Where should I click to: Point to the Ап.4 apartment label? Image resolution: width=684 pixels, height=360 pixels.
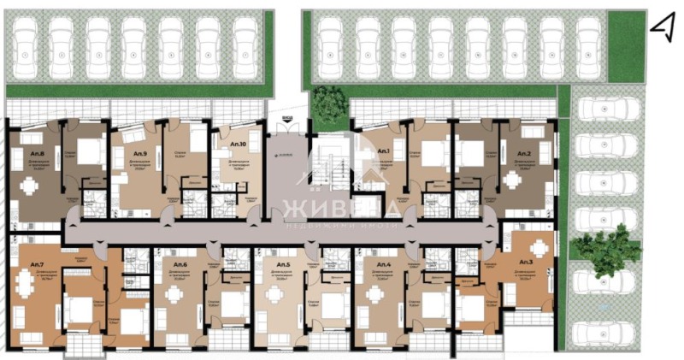(x=384, y=255)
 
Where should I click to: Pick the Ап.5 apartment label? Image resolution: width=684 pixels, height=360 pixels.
(x=282, y=255)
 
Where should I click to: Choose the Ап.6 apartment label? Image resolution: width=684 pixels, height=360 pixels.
(x=180, y=255)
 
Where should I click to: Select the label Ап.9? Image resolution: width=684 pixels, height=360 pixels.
(x=140, y=154)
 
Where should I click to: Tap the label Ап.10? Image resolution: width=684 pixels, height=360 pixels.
(x=239, y=146)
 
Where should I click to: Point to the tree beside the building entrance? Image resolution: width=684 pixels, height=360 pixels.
(x=327, y=103)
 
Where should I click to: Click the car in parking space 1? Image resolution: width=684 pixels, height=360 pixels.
(x=24, y=44)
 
